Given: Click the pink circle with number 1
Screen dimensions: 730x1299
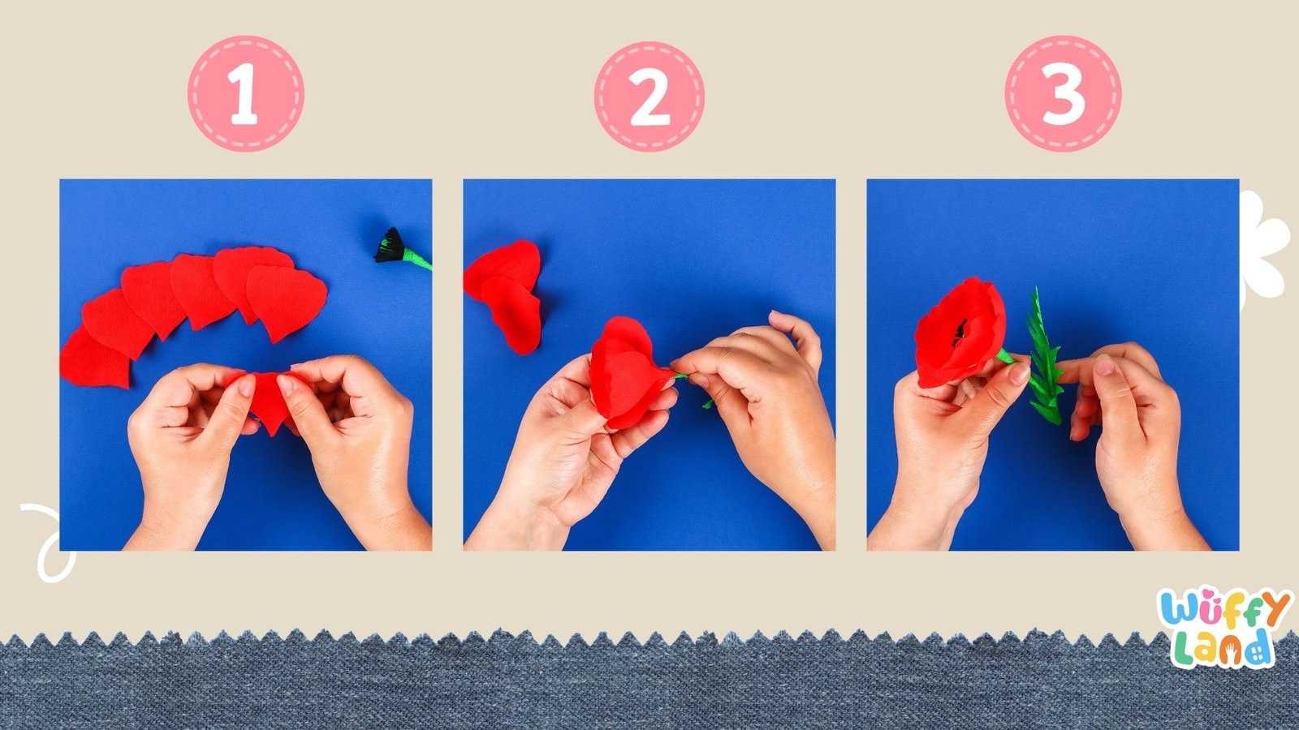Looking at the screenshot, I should (246, 93).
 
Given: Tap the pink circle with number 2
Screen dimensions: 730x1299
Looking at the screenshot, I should (649, 96).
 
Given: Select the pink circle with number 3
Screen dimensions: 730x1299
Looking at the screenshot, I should (1063, 93).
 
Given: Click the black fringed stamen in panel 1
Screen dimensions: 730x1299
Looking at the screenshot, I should (390, 246).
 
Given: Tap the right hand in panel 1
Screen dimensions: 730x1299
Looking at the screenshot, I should (357, 438).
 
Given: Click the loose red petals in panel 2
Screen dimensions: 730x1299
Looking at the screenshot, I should (507, 292).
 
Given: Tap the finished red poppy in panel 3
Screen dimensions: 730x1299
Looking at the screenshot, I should (958, 333).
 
